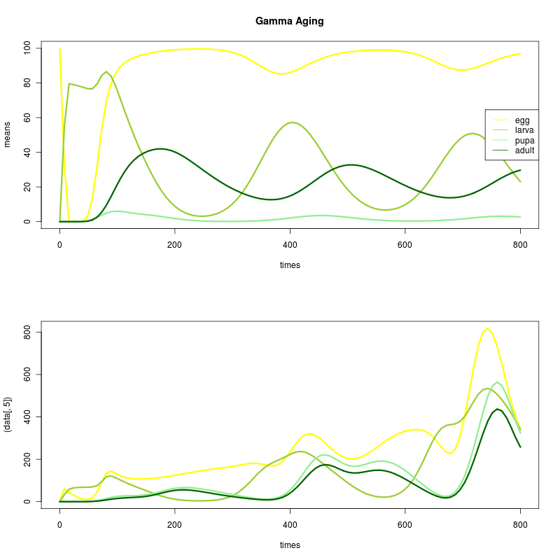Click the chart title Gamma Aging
pos(290,21)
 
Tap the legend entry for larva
pos(525,130)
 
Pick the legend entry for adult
pos(525,150)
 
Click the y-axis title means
pos(8,134)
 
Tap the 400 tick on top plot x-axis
pos(290,244)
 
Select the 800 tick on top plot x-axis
pos(520,244)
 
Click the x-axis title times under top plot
pos(290,265)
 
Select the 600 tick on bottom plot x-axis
pos(405,524)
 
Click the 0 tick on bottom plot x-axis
pos(59,524)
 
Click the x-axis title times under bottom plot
pos(290,545)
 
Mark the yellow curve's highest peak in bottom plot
pos(487,328)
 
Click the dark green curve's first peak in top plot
pos(161,148)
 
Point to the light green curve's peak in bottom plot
pos(498,382)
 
